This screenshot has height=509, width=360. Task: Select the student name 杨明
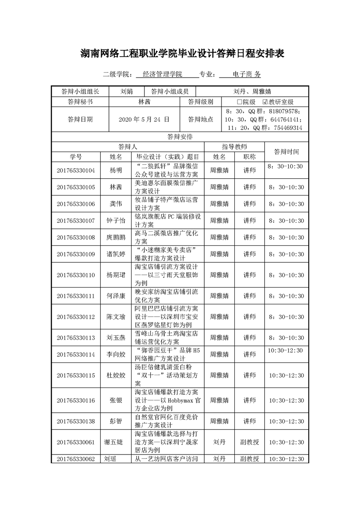point(116,171)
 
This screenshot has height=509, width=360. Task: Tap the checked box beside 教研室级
point(265,102)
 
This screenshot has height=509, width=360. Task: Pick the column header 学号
point(76,157)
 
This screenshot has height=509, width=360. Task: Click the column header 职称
point(249,157)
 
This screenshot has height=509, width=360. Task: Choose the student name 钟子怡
point(116,220)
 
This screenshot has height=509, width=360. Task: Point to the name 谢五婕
point(116,442)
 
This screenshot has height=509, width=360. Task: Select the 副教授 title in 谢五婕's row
point(249,442)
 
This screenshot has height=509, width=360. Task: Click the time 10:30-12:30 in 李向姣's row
point(286,350)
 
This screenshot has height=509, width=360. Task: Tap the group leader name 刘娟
point(127,91)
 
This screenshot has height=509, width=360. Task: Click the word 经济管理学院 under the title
point(162,74)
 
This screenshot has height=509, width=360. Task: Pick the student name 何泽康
point(116,296)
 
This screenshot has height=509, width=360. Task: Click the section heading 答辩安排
point(180,136)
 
